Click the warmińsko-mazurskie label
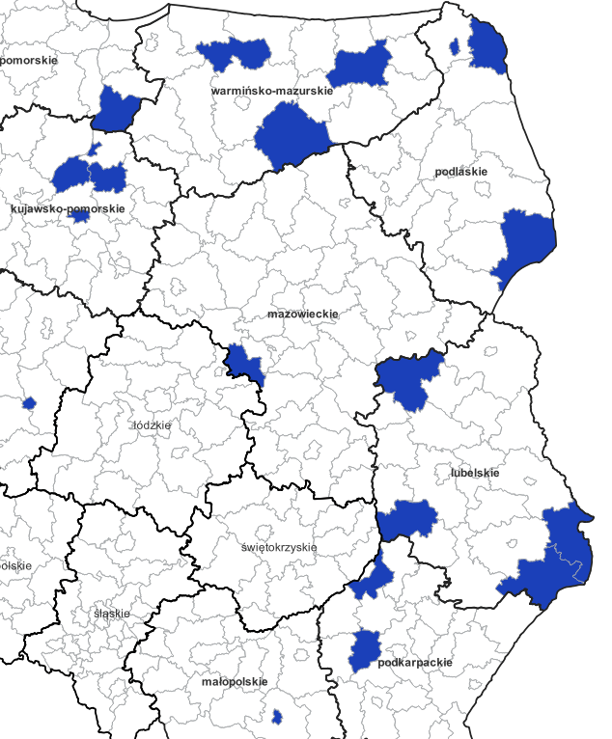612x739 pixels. pyautogui.click(x=271, y=91)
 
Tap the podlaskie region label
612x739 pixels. pyautogui.click(x=460, y=172)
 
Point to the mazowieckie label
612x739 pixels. pyautogui.click(x=302, y=314)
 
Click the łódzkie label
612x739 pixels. pyautogui.click(x=151, y=424)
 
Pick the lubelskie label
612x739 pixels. pyautogui.click(x=474, y=473)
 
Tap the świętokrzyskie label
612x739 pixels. pyautogui.click(x=279, y=547)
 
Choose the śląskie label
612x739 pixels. pyautogui.click(x=112, y=613)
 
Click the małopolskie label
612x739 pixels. pyautogui.click(x=235, y=681)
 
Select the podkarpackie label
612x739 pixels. pyautogui.click(x=415, y=663)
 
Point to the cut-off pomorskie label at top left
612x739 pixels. pyautogui.click(x=29, y=60)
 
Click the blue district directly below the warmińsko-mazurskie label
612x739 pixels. pyautogui.click(x=291, y=136)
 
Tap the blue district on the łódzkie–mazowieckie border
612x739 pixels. pyautogui.click(x=245, y=363)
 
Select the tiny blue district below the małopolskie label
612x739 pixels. pyautogui.click(x=277, y=717)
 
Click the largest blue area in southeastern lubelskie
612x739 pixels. pyautogui.click(x=555, y=560)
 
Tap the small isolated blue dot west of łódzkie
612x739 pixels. pyautogui.click(x=29, y=402)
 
